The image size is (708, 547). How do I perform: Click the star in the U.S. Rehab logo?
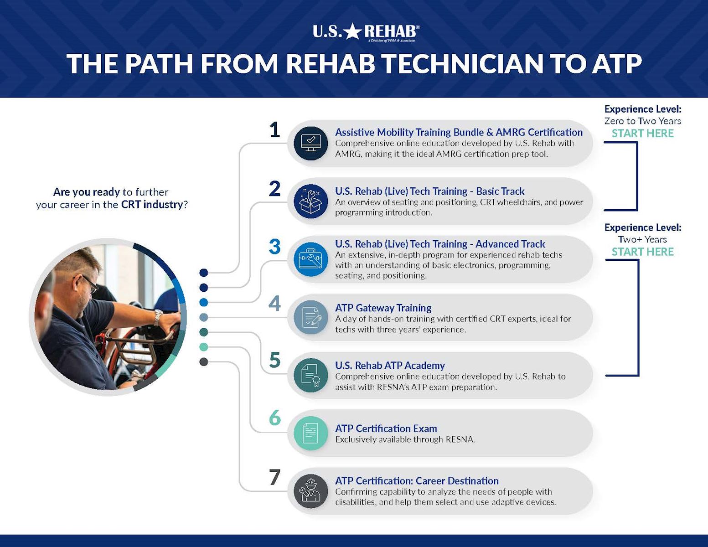pyautogui.click(x=352, y=31)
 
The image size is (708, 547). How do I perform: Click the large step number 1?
pyautogui.click(x=274, y=130)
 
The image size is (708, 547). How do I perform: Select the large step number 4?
pyautogui.click(x=274, y=303)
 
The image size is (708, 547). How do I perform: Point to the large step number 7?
pyautogui.click(x=274, y=477)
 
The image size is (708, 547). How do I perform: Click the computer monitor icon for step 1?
pyautogui.click(x=311, y=143)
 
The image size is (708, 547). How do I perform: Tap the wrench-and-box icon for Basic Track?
pyautogui.click(x=311, y=201)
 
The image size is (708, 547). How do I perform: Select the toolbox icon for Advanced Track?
pyautogui.click(x=311, y=259)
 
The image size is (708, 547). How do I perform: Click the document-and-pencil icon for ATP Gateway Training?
pyautogui.click(x=311, y=317)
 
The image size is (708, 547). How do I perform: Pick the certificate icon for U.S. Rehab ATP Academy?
pyautogui.click(x=311, y=376)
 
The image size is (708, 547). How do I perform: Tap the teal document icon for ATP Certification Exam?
pyautogui.click(x=311, y=433)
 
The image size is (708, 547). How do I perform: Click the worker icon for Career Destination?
pyautogui.click(x=311, y=491)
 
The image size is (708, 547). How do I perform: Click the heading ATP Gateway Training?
pyautogui.click(x=383, y=308)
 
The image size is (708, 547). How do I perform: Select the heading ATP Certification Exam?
pyautogui.click(x=386, y=428)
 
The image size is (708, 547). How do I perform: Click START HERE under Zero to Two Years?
pyautogui.click(x=642, y=134)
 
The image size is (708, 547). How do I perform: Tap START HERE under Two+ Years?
pyautogui.click(x=642, y=252)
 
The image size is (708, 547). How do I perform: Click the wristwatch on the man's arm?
pyautogui.click(x=158, y=317)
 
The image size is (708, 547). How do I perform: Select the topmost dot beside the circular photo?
pyautogui.click(x=204, y=273)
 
